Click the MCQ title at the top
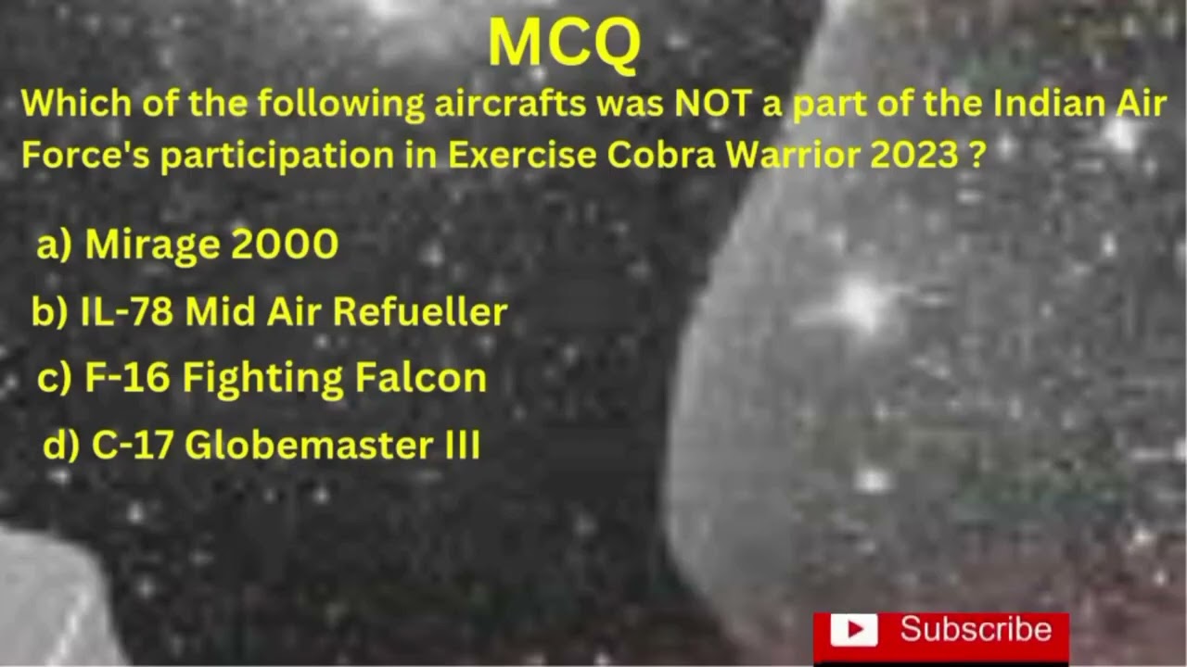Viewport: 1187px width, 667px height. [x=564, y=43]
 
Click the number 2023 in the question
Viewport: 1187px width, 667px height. [x=914, y=155]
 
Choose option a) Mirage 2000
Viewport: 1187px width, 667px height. [x=187, y=245]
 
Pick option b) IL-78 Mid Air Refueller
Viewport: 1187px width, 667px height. [x=269, y=312]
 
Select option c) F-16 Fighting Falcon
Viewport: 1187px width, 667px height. [x=262, y=378]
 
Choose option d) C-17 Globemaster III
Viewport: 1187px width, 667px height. [x=262, y=446]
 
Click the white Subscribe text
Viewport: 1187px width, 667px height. [x=976, y=630]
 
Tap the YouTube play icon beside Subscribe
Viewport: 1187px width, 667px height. [x=853, y=631]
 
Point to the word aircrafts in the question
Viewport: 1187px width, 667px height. [x=509, y=104]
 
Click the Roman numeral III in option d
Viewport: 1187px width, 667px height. [x=462, y=446]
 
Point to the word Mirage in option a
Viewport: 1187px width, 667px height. [x=152, y=245]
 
